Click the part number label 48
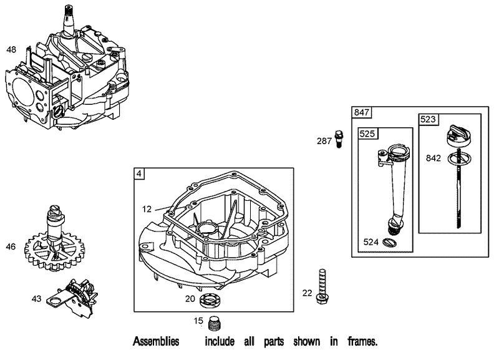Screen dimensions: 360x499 (x=11, y=49)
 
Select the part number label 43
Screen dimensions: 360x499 (x=37, y=299)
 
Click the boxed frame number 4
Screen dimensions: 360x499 (x=139, y=173)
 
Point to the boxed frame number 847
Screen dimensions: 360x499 (x=362, y=112)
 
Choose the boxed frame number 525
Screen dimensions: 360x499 (x=366, y=134)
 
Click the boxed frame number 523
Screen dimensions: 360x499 (x=428, y=119)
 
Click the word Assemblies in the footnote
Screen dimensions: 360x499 (x=156, y=342)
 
